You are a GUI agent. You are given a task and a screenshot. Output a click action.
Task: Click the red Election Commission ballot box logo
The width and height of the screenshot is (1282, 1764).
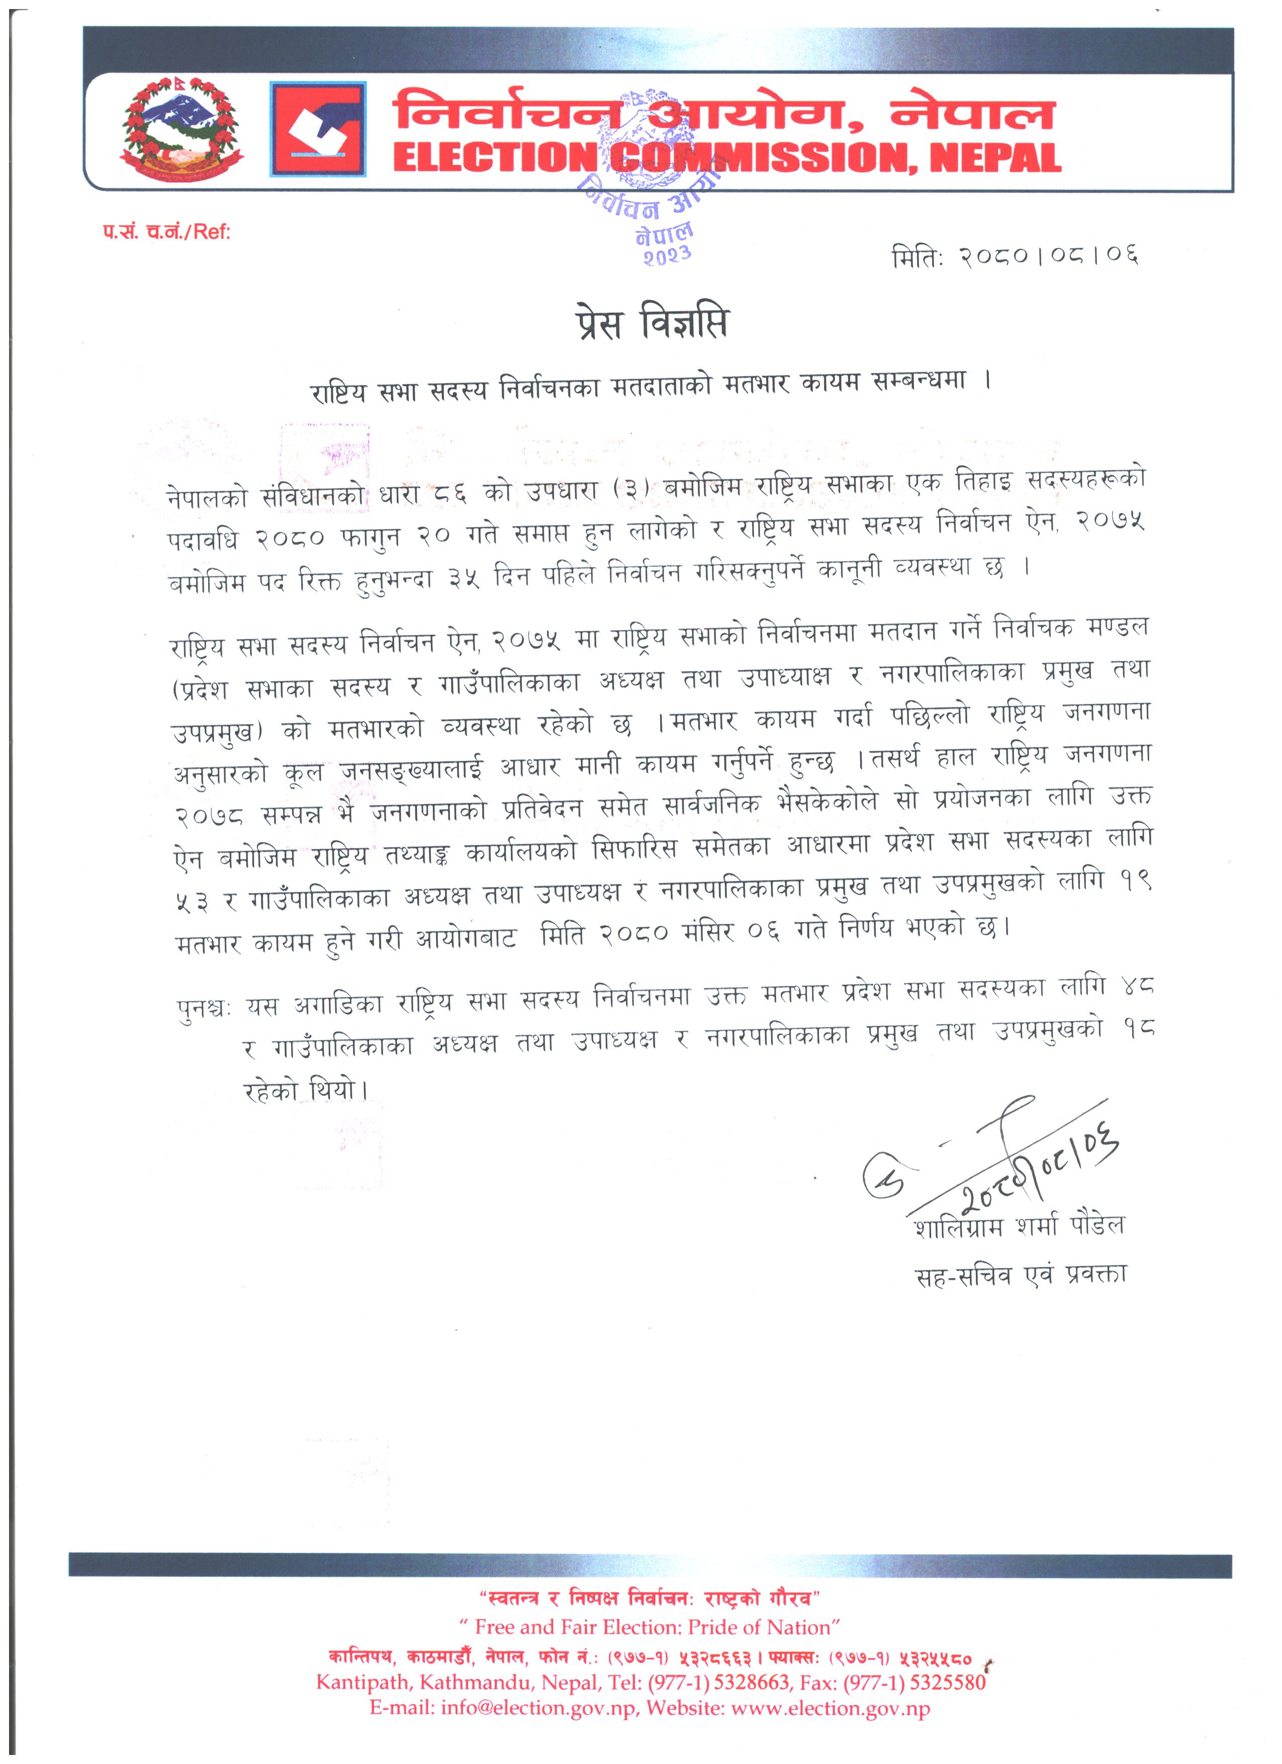coord(318,130)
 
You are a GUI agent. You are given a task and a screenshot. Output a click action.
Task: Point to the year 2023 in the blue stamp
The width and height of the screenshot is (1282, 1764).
coord(666,255)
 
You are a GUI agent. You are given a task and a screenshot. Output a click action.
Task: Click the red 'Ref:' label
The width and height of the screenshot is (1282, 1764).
coord(212,232)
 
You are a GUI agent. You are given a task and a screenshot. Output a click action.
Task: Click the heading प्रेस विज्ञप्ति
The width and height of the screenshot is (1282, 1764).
coord(652,323)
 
